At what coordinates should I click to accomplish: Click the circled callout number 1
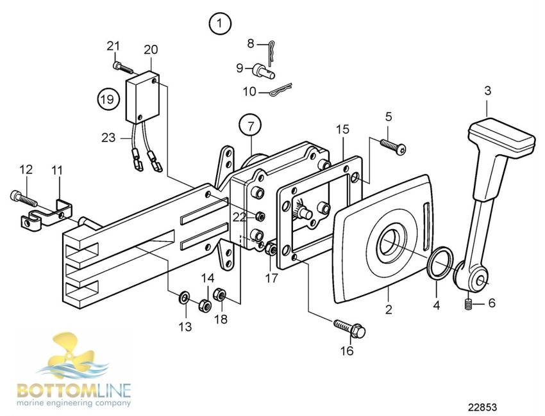219,24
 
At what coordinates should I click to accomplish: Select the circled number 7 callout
251,124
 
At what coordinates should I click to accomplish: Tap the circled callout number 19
109,99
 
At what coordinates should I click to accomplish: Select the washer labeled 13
184,296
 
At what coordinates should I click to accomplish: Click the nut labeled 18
219,294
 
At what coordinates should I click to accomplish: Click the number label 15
343,129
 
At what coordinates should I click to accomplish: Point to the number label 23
108,136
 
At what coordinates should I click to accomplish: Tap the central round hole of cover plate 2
390,243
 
